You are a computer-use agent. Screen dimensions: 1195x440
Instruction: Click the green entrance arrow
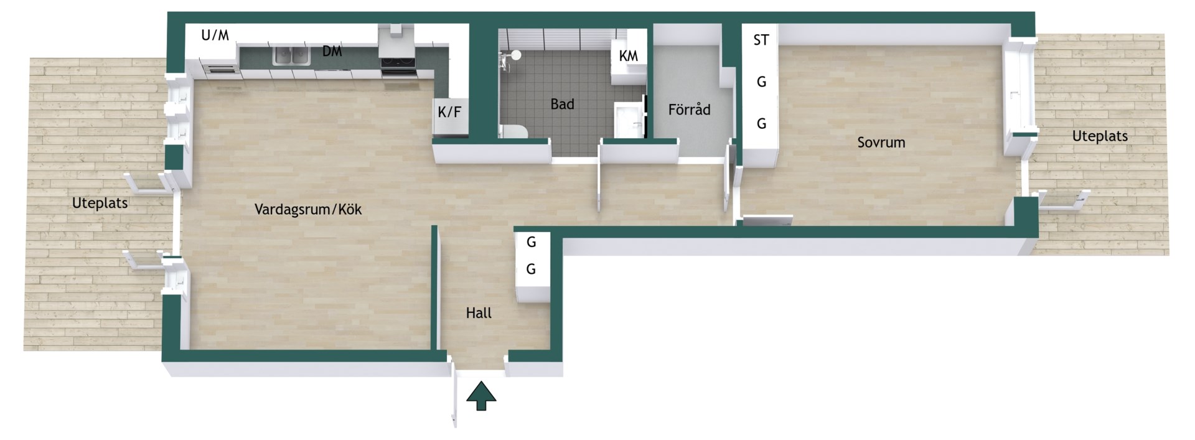click(x=481, y=396)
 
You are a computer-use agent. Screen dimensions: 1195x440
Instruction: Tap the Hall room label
click(x=479, y=313)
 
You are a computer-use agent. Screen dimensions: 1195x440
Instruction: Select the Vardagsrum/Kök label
click(x=308, y=210)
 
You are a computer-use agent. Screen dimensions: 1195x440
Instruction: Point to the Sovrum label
click(x=881, y=143)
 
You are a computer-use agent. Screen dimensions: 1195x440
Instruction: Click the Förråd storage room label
click(x=689, y=110)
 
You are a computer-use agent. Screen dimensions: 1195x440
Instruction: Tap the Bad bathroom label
click(x=562, y=105)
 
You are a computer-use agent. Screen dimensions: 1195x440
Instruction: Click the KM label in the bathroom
click(x=629, y=56)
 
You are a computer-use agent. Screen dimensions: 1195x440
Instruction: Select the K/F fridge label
click(x=450, y=113)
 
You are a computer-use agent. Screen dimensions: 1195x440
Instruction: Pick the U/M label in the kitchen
click(x=215, y=35)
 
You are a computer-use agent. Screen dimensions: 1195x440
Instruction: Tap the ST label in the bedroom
click(x=761, y=40)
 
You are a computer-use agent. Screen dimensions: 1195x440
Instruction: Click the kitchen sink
click(x=291, y=56)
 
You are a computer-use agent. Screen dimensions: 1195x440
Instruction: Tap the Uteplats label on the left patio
click(x=100, y=204)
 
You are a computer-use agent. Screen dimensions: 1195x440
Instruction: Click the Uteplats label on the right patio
click(x=1100, y=136)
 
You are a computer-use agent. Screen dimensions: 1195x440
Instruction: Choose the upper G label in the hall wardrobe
click(x=532, y=242)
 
